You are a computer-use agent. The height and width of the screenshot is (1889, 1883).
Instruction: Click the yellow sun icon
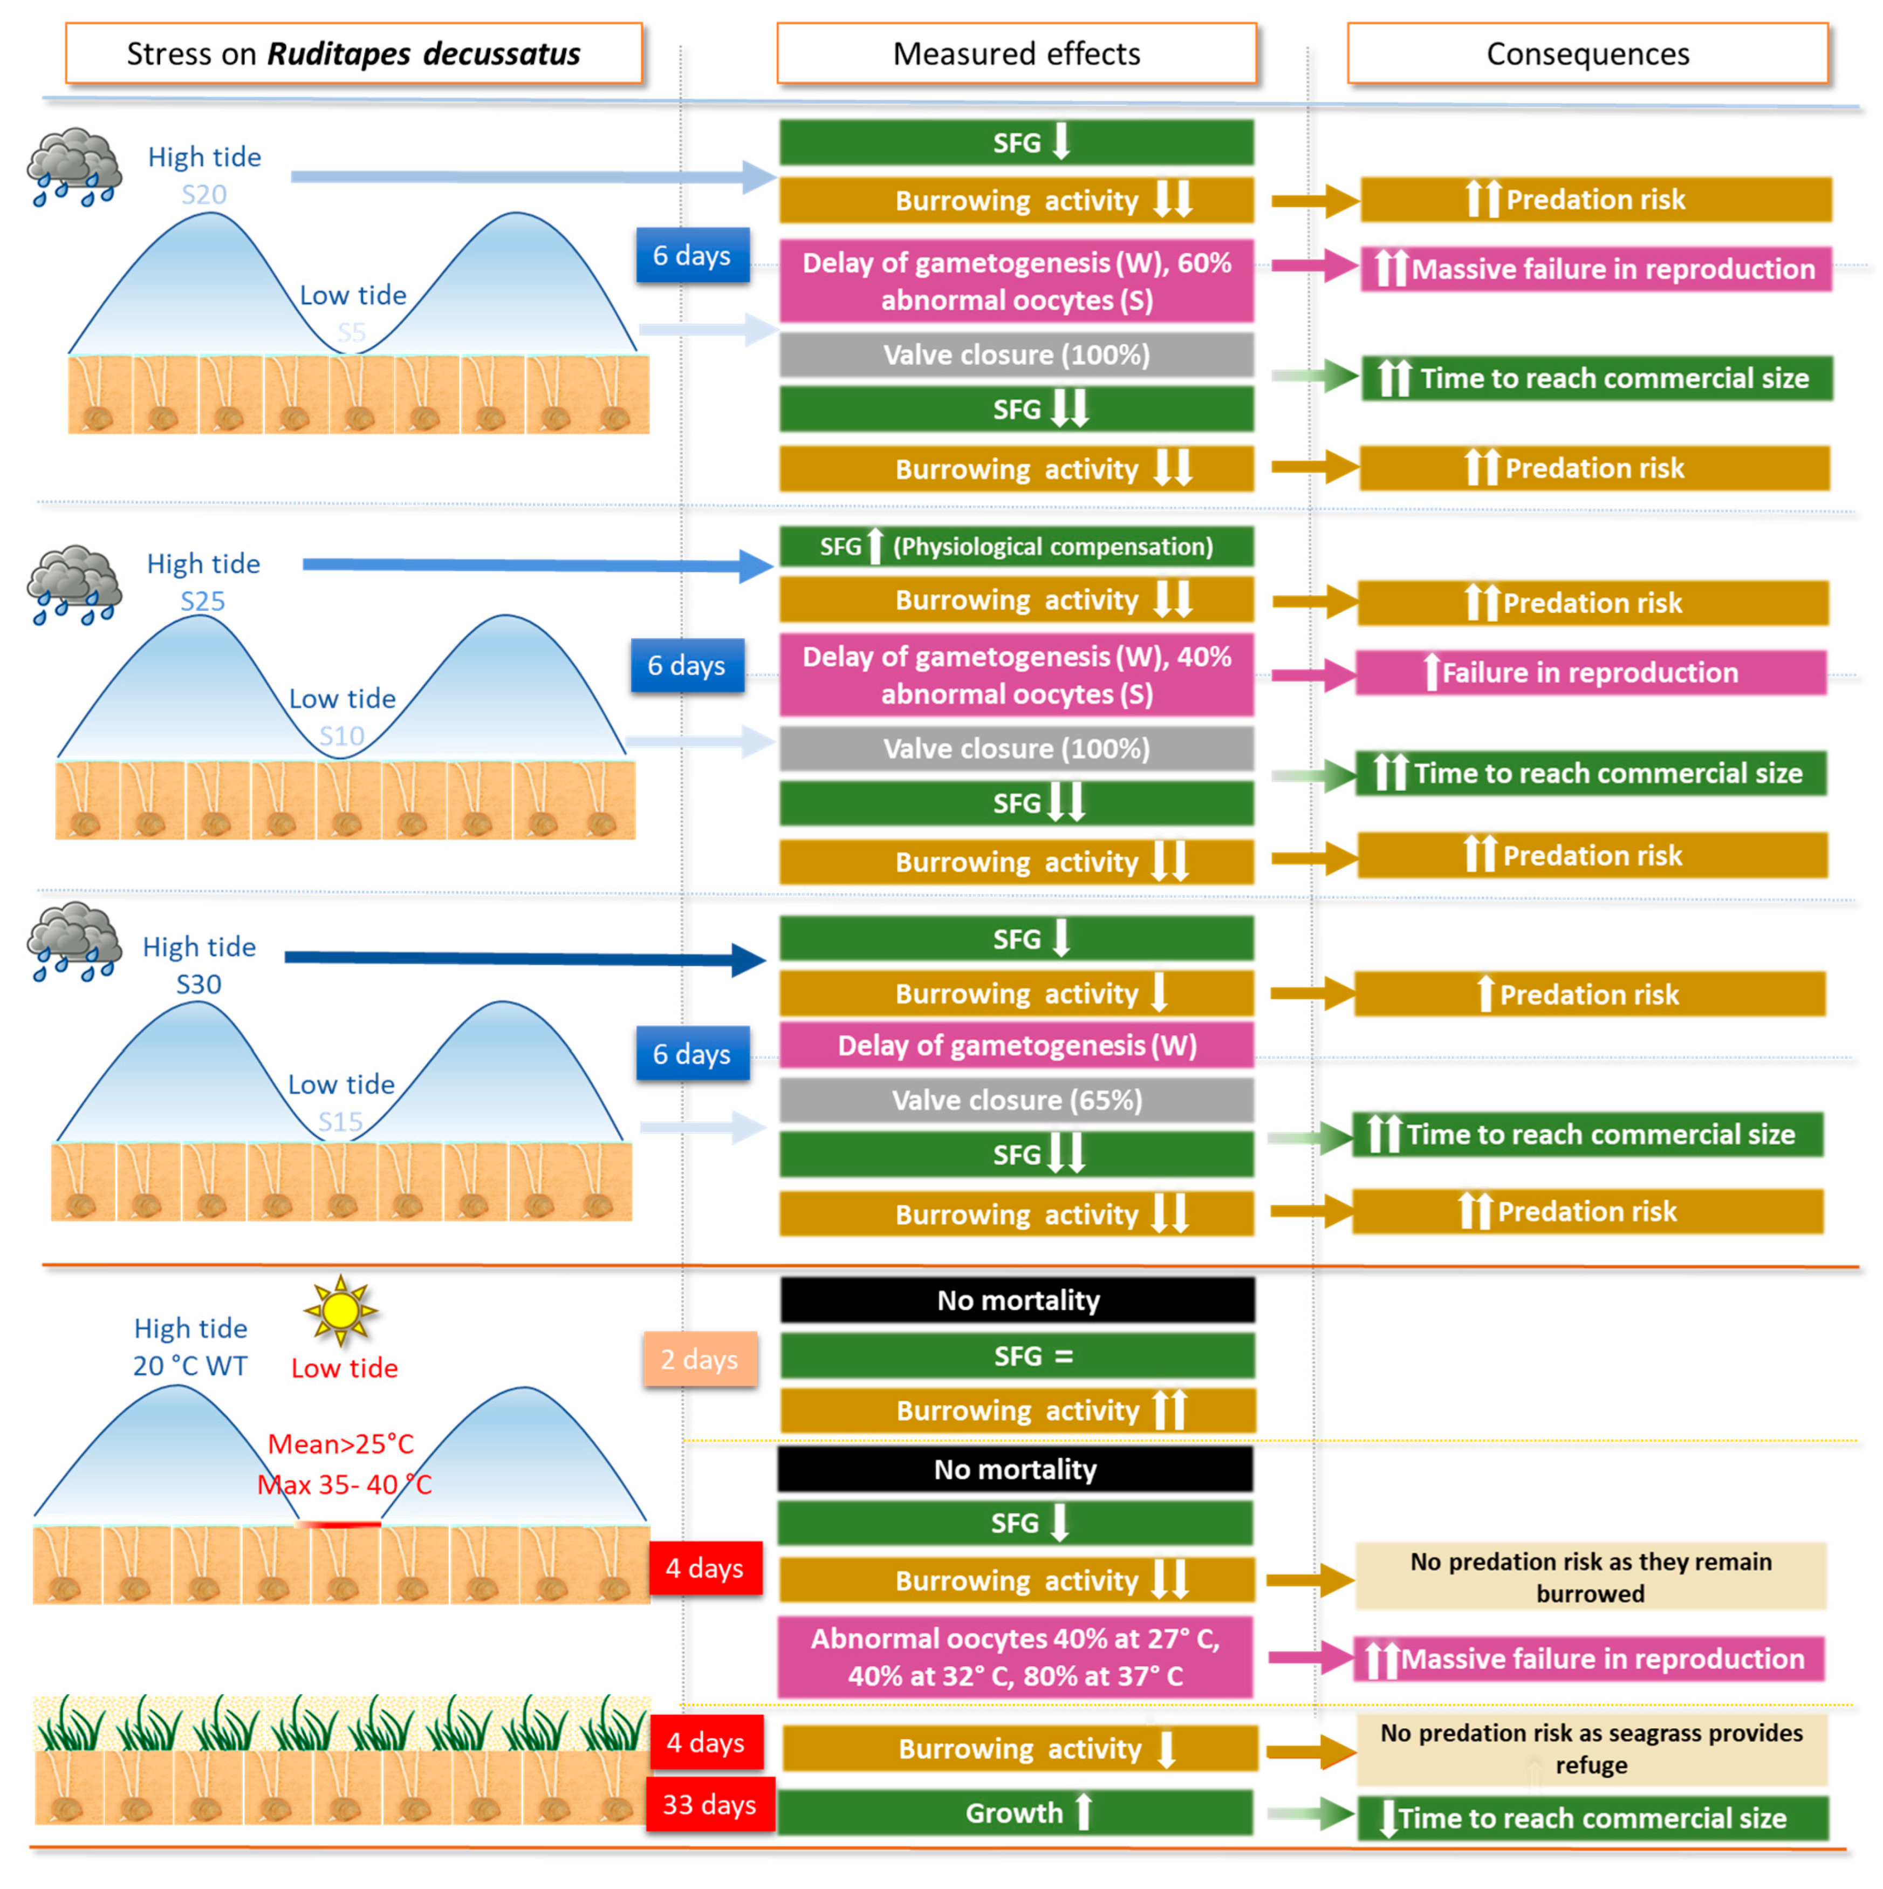click(340, 1310)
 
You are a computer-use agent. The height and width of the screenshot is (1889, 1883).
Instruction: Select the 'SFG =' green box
click(1017, 1356)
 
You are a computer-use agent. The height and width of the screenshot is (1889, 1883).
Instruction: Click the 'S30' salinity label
click(198, 984)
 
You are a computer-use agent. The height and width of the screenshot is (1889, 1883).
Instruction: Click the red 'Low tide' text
click(344, 1368)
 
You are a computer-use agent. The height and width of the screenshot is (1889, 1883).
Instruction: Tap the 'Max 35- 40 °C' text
click(344, 1485)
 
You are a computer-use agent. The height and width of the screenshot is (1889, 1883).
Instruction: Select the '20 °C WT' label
click(190, 1366)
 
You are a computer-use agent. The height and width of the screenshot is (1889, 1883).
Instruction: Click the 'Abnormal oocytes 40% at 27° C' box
click(1015, 1658)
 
